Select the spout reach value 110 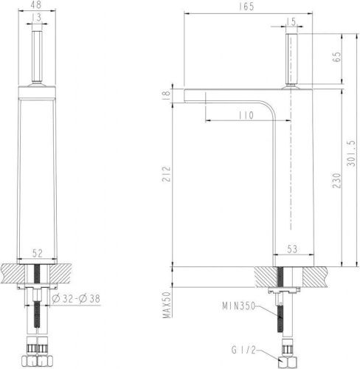point(246,115)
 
